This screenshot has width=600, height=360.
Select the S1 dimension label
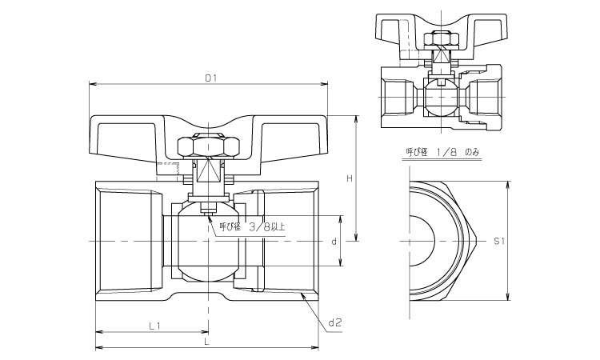498,240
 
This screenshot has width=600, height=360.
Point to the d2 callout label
335,323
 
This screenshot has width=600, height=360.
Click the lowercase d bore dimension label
332,241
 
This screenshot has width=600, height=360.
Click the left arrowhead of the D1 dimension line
91,84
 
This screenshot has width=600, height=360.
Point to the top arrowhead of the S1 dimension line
508,182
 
